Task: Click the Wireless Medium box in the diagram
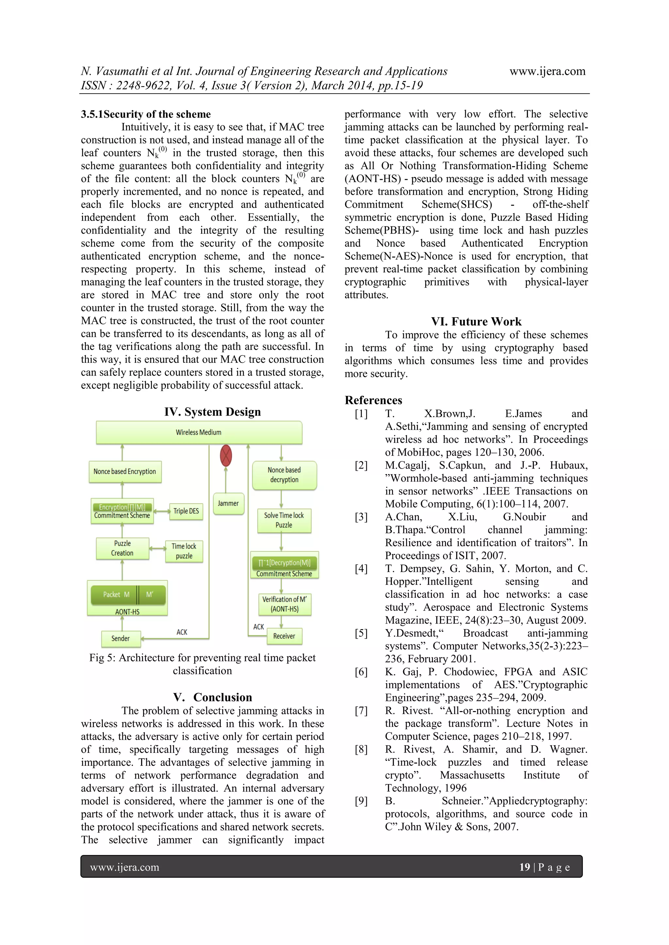[x=199, y=432]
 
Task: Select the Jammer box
[x=228, y=503]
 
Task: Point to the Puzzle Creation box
[x=122, y=548]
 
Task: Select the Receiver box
[x=284, y=636]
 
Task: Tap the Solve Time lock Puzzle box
[x=284, y=520]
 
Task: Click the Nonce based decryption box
[x=284, y=475]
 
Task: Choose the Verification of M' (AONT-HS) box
[x=284, y=604]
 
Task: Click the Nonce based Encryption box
[x=125, y=472]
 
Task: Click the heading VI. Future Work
[x=476, y=321]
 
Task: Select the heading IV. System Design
[x=213, y=412]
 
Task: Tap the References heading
[x=373, y=400]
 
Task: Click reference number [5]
[x=361, y=633]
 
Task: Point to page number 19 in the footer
[x=524, y=867]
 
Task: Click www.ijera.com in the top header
[x=547, y=71]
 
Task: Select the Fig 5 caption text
[x=202, y=664]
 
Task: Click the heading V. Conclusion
[x=213, y=697]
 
